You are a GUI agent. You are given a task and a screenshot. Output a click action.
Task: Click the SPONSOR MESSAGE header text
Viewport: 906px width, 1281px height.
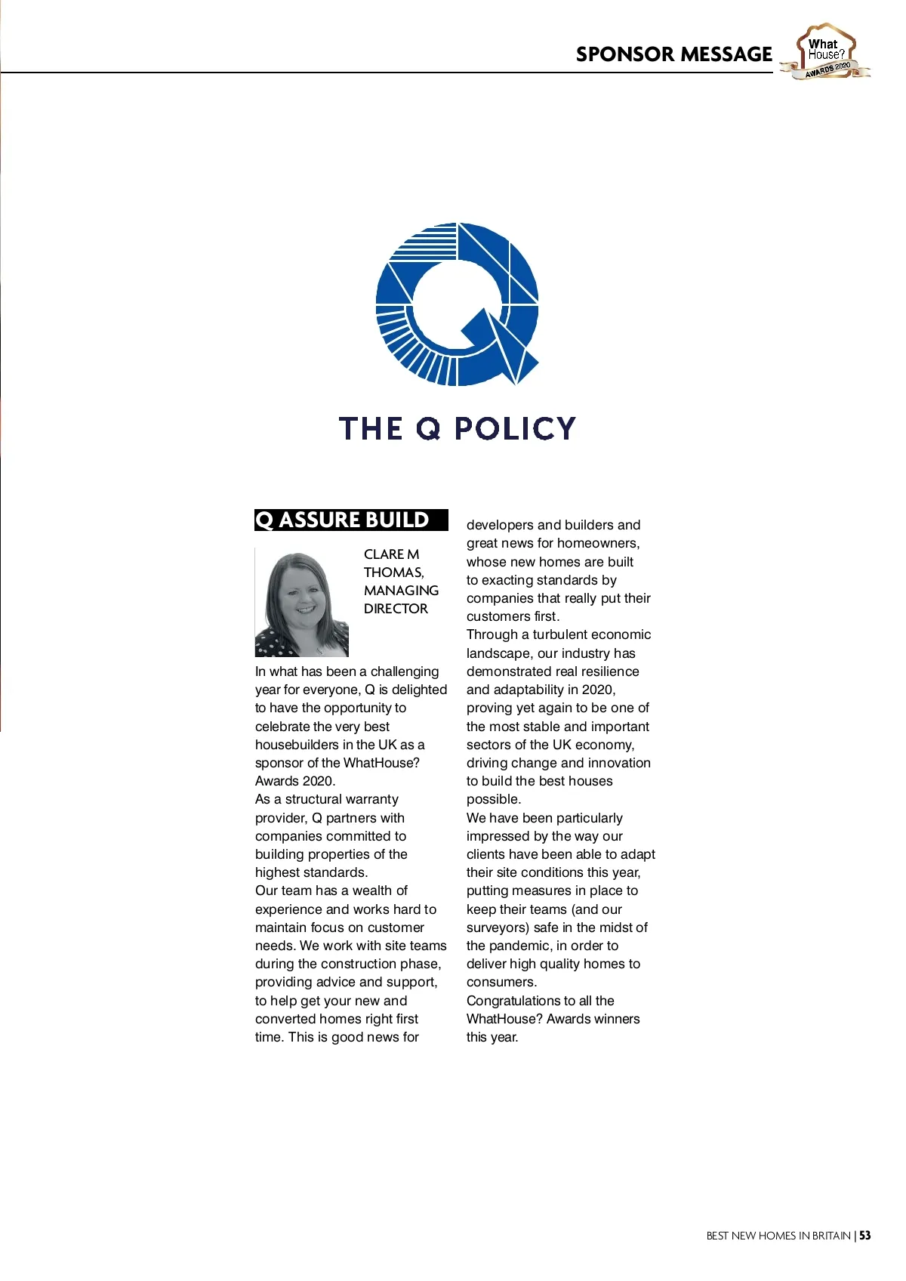point(673,54)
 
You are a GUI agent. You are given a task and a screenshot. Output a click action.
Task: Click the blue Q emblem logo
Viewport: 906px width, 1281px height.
point(458,304)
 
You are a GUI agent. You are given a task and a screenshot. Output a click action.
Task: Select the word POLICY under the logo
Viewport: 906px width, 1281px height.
point(515,428)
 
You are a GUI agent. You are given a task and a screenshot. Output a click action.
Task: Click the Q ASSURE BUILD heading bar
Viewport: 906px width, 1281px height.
point(351,520)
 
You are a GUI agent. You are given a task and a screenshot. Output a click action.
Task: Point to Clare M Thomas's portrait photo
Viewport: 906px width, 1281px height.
point(302,603)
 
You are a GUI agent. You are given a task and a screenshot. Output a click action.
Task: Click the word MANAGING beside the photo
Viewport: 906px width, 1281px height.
point(401,591)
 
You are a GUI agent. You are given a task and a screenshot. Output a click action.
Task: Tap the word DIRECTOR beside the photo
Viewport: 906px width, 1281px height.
point(396,609)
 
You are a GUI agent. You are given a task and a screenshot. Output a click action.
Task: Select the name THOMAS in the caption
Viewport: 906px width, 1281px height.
point(393,573)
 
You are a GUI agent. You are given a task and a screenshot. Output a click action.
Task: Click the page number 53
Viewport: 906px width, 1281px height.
point(864,1236)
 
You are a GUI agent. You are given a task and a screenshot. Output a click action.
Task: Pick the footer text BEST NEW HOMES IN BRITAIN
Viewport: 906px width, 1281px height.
point(778,1236)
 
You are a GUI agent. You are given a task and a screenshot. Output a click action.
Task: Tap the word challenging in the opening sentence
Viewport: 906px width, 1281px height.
point(405,671)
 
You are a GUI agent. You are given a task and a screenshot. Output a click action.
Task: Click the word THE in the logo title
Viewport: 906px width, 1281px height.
point(371,428)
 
